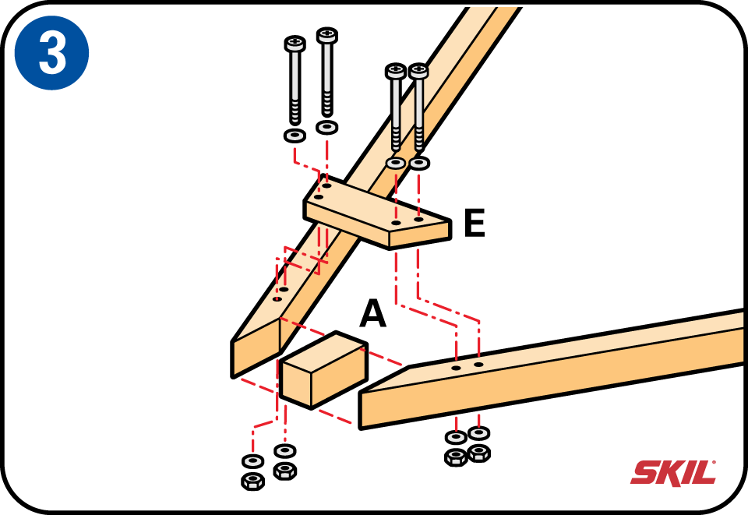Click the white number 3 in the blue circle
[52, 53]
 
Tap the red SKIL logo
[673, 473]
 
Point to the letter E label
[475, 223]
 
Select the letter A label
[372, 313]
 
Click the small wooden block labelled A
[323, 370]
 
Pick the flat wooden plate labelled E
[377, 213]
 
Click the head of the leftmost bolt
[295, 44]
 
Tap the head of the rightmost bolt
[418, 71]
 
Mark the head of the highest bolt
[327, 35]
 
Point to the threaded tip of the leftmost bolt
[295, 115]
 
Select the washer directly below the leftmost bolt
[295, 136]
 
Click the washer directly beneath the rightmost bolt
[419, 164]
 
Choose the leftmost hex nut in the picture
[252, 481]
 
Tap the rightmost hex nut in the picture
[479, 453]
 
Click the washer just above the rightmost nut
[478, 433]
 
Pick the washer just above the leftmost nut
[252, 461]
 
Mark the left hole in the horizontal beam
[457, 368]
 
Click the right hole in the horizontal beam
[478, 365]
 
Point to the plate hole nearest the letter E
[418, 220]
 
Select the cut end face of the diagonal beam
[256, 348]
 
